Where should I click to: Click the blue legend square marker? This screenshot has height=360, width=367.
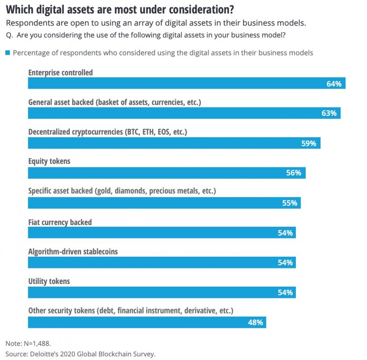[x=7, y=53]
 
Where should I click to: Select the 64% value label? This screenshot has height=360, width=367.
[x=334, y=84]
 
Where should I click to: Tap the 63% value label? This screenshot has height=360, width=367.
[x=329, y=113]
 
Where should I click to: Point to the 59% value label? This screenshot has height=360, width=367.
[x=308, y=144]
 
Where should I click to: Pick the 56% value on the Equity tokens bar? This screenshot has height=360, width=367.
[x=294, y=173]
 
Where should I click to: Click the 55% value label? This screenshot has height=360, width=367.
[x=290, y=203]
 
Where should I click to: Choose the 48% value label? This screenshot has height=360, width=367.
[x=255, y=322]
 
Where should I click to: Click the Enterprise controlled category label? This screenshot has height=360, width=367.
[x=60, y=72]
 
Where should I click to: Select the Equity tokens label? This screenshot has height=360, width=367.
[x=49, y=161]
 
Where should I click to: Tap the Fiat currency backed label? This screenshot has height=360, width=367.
[x=60, y=222]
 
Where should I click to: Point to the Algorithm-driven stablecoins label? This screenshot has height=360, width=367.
[x=73, y=252]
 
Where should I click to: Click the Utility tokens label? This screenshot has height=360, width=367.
[x=49, y=281]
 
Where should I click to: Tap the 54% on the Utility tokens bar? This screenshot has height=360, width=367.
[x=285, y=292]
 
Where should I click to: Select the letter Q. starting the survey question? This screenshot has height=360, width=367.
[x=9, y=35]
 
